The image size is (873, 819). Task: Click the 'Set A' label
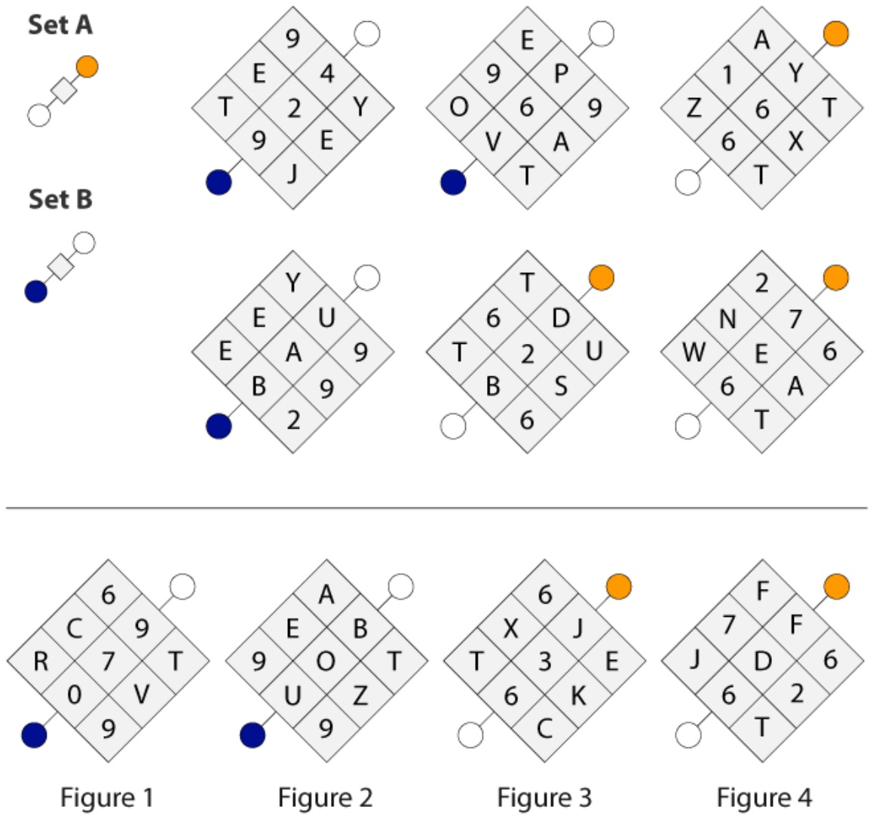(x=60, y=25)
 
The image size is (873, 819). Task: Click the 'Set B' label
(x=60, y=199)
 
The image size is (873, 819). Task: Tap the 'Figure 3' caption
(x=544, y=797)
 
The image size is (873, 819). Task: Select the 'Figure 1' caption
(x=106, y=797)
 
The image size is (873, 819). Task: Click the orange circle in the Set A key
(x=87, y=67)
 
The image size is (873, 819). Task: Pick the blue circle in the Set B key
(x=36, y=291)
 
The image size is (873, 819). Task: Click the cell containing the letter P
(x=561, y=73)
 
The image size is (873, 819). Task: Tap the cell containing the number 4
(x=327, y=73)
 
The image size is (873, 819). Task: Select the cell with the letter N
(x=727, y=318)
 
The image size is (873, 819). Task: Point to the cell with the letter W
(x=694, y=352)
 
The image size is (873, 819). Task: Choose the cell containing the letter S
(x=561, y=386)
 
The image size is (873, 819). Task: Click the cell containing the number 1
(x=727, y=74)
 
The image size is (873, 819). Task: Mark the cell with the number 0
(x=75, y=695)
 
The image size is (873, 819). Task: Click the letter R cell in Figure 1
(x=41, y=661)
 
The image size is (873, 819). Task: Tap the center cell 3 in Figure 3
(x=544, y=661)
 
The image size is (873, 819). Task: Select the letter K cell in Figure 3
(x=578, y=695)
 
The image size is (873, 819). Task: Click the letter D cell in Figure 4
(x=762, y=661)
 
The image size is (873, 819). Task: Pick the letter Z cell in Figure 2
(x=360, y=695)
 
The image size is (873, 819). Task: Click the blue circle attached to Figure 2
(x=253, y=735)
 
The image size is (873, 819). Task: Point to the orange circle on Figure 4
(x=836, y=587)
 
